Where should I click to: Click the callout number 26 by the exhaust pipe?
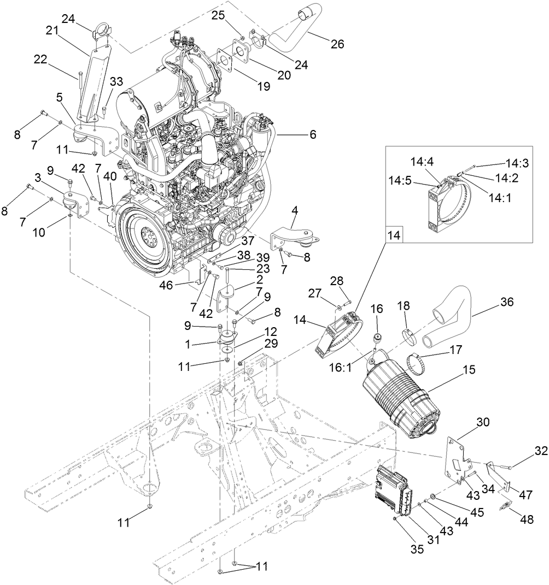337,44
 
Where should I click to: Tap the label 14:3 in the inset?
516,163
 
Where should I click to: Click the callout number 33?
116,82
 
